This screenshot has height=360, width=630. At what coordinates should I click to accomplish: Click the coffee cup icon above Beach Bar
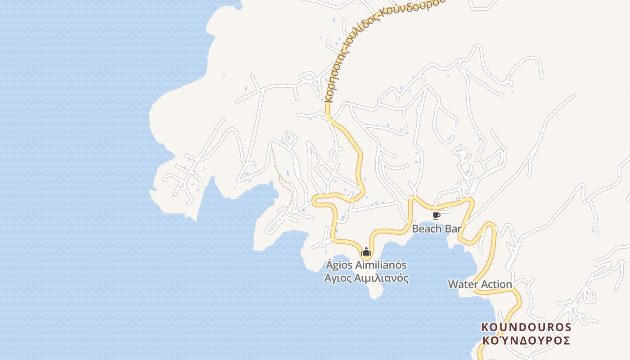click(436, 216)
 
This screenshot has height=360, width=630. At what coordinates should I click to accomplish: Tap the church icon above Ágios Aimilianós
click(366, 252)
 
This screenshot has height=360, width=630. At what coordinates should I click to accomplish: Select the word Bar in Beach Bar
click(453, 229)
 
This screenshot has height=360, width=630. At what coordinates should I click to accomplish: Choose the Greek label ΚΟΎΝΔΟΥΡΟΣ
click(526, 340)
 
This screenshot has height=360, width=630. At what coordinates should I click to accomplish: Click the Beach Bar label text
click(437, 229)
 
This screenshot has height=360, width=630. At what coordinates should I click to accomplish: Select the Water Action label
click(480, 284)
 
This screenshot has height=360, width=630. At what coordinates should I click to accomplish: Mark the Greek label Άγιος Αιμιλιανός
click(366, 278)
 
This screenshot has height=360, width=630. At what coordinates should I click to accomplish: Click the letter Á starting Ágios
click(328, 265)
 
